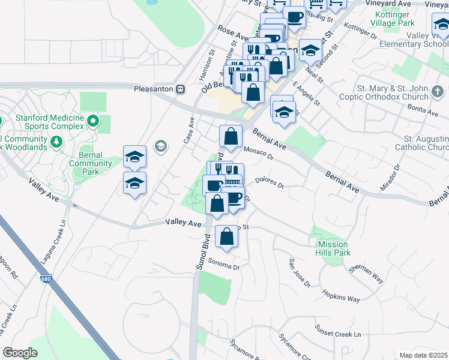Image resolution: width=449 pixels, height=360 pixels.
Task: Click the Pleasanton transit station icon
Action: tap(180, 89)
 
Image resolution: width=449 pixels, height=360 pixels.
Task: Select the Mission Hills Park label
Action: tap(333, 248)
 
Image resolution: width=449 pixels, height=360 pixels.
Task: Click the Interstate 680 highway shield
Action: tap(47, 279)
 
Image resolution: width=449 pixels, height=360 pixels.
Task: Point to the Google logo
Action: tap(20, 353)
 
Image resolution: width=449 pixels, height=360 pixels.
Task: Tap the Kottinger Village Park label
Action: tap(394, 18)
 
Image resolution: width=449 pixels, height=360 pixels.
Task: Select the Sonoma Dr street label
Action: tap(224, 265)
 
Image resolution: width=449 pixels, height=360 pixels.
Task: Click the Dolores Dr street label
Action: tap(269, 182)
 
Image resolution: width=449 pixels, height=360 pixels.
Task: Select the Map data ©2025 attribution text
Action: tap(423, 355)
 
